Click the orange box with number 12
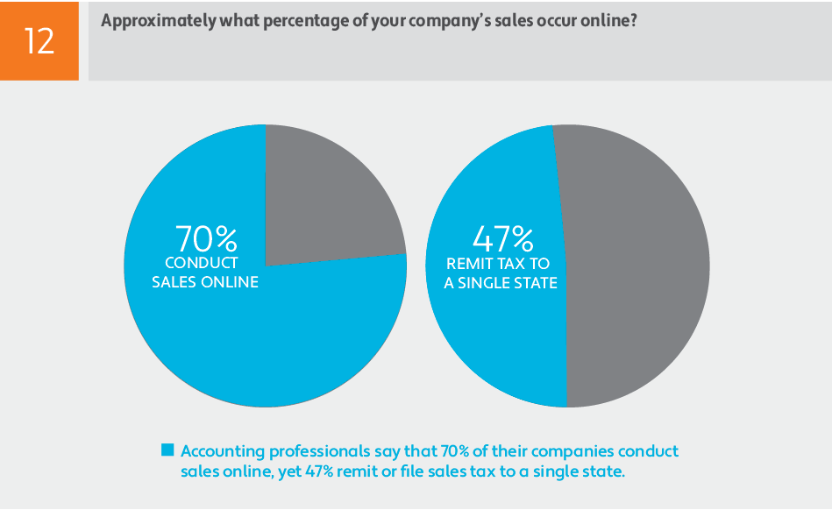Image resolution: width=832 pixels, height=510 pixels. (x=39, y=40)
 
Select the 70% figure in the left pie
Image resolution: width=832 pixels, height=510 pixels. (x=207, y=238)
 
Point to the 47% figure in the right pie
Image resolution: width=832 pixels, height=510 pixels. (x=502, y=238)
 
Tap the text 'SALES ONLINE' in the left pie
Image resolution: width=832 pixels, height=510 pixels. (x=205, y=282)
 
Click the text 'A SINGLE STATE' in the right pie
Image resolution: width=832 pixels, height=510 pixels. (x=501, y=283)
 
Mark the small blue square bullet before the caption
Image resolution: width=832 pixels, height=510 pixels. (x=167, y=450)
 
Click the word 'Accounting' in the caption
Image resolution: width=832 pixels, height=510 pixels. (x=222, y=451)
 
